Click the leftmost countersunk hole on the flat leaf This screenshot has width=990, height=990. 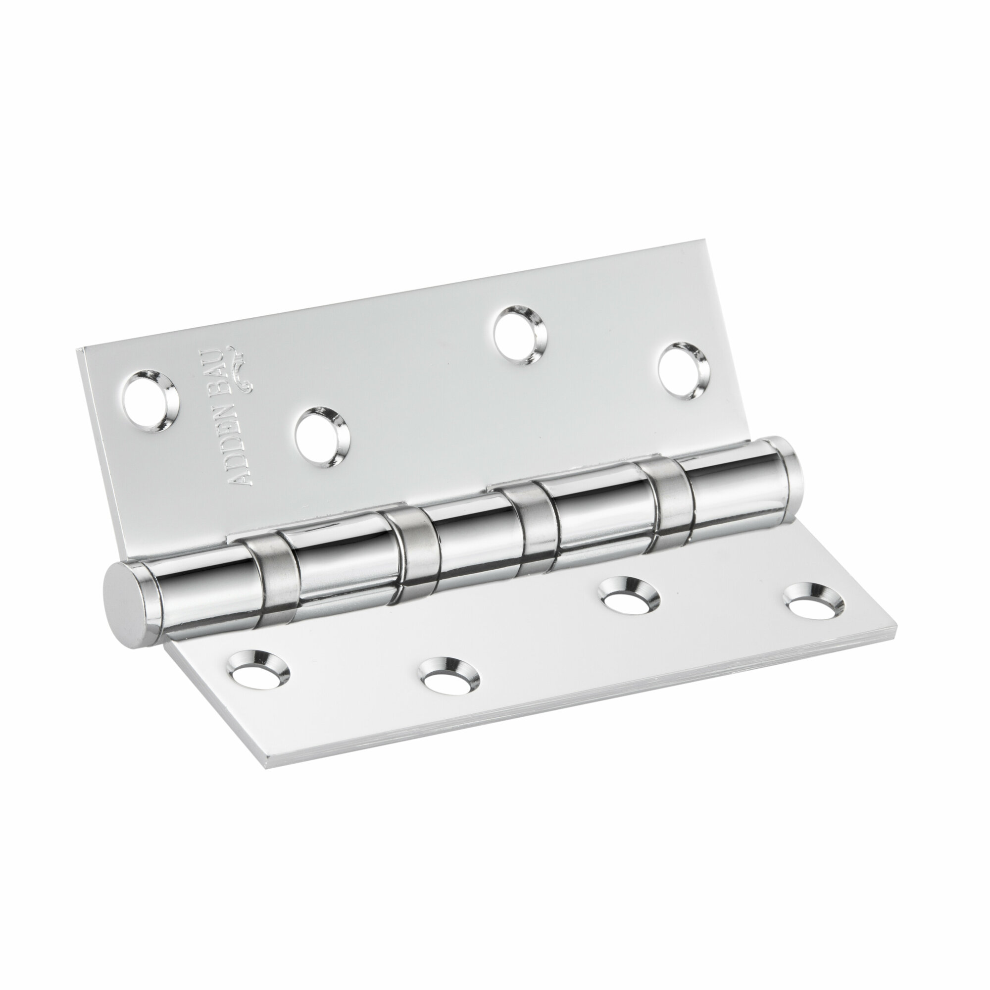pos(258,671)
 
